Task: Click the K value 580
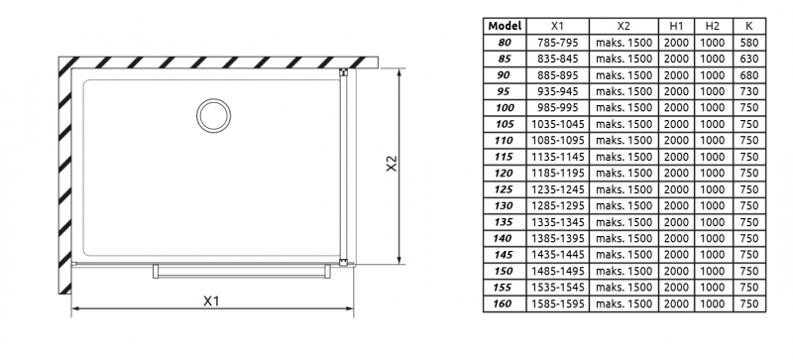[x=749, y=43]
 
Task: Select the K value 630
[x=749, y=59]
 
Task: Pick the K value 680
[x=749, y=75]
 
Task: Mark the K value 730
[x=749, y=91]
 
